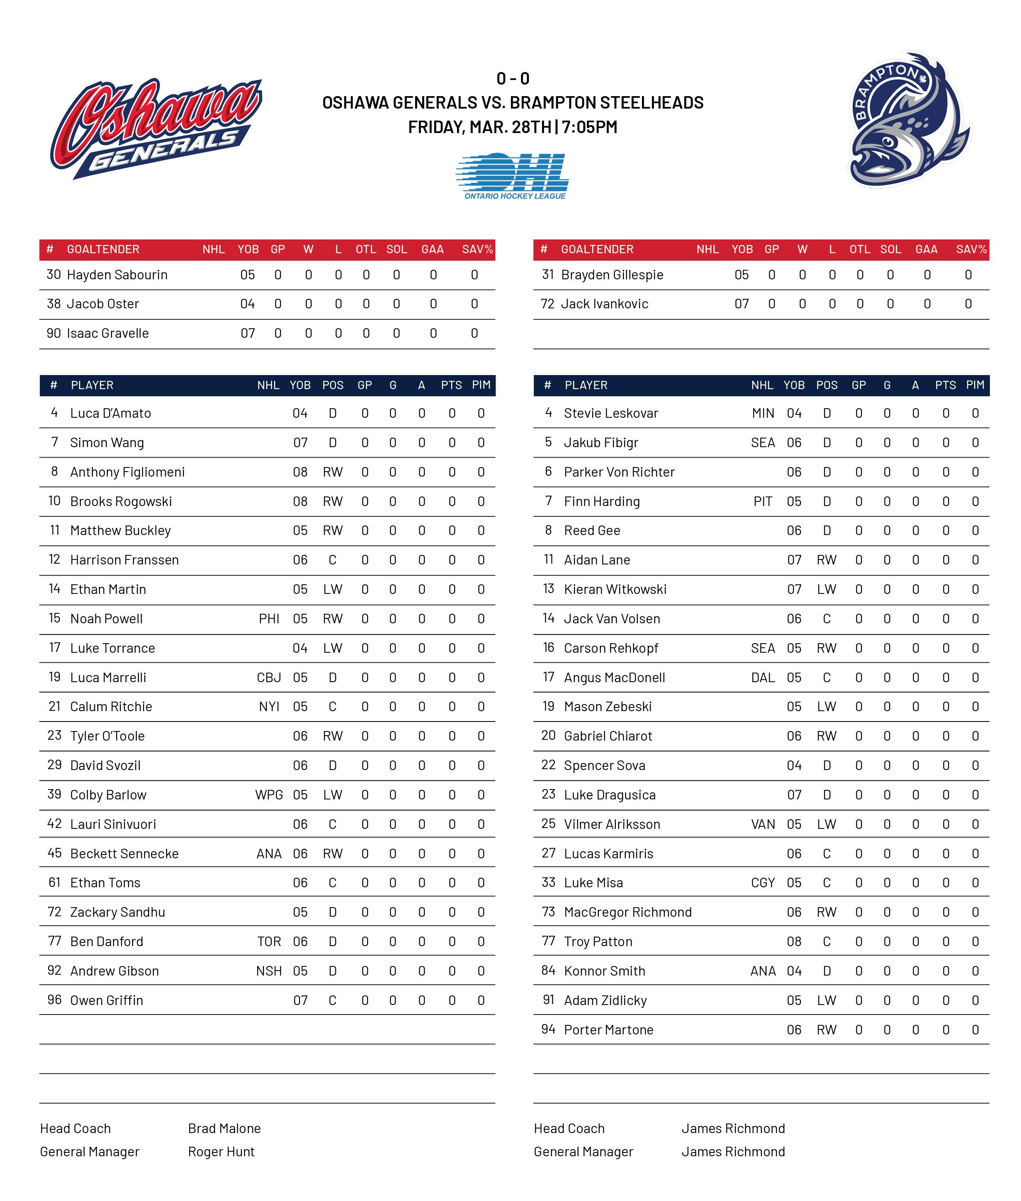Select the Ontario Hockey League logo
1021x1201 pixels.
(513, 176)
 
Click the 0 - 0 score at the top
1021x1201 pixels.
(513, 78)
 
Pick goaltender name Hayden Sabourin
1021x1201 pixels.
(117, 275)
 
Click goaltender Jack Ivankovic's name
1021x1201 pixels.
(604, 304)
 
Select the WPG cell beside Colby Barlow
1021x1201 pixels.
(269, 795)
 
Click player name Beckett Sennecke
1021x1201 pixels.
(124, 853)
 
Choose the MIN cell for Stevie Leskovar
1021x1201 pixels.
(763, 413)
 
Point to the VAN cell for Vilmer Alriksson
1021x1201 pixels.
(763, 824)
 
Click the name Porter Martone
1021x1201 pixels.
(608, 1030)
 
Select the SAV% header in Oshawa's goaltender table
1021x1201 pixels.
(477, 249)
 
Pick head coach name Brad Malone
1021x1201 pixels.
(224, 1129)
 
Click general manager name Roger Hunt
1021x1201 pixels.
(221, 1152)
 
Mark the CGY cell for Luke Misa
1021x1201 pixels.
(763, 883)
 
